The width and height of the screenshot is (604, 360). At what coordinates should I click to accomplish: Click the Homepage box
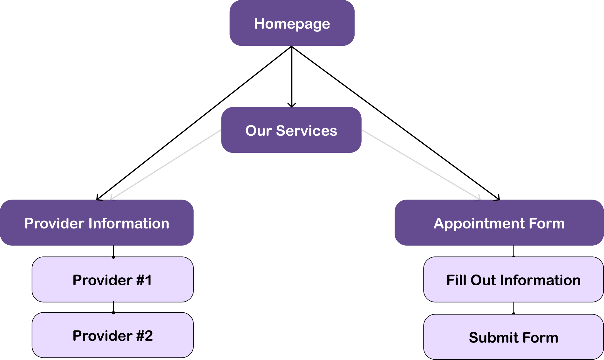(x=292, y=23)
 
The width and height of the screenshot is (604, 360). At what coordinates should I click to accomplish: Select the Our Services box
(x=291, y=130)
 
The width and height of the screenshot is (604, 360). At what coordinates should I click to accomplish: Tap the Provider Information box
(x=97, y=223)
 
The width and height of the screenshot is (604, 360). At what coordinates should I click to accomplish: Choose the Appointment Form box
(x=499, y=223)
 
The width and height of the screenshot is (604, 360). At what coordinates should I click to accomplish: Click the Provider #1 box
(x=112, y=280)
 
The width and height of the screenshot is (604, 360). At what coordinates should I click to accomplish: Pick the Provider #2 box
(x=112, y=335)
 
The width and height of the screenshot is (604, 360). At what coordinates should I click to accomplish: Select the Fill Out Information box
(x=513, y=280)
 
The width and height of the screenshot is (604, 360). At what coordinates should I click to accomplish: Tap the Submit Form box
(x=513, y=337)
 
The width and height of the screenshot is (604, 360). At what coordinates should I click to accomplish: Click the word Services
(x=306, y=131)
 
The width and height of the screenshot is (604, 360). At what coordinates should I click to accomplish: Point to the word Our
(x=258, y=131)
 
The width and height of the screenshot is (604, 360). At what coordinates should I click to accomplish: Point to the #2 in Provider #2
(x=145, y=336)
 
